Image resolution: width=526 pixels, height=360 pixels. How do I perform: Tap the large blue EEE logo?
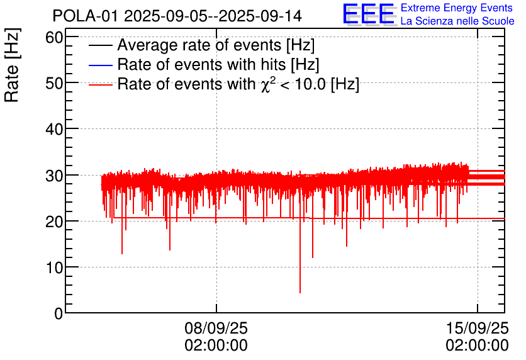[x=369, y=14]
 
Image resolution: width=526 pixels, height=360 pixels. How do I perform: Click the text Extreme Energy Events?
[x=457, y=8]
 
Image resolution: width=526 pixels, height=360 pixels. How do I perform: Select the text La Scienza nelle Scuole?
[x=457, y=21]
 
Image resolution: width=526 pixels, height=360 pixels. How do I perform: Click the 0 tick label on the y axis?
[x=59, y=313]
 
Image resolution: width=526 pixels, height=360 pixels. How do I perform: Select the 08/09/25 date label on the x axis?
[x=216, y=329]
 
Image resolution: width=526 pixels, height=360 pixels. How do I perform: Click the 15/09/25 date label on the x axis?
[x=477, y=329]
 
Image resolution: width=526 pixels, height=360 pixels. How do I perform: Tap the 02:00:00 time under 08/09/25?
[x=216, y=346]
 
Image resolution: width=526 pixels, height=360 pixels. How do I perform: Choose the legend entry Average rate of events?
[x=216, y=46]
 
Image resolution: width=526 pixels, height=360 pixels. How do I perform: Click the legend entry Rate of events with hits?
[x=218, y=65]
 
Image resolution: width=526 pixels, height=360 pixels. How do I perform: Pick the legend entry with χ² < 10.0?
[x=238, y=84]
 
